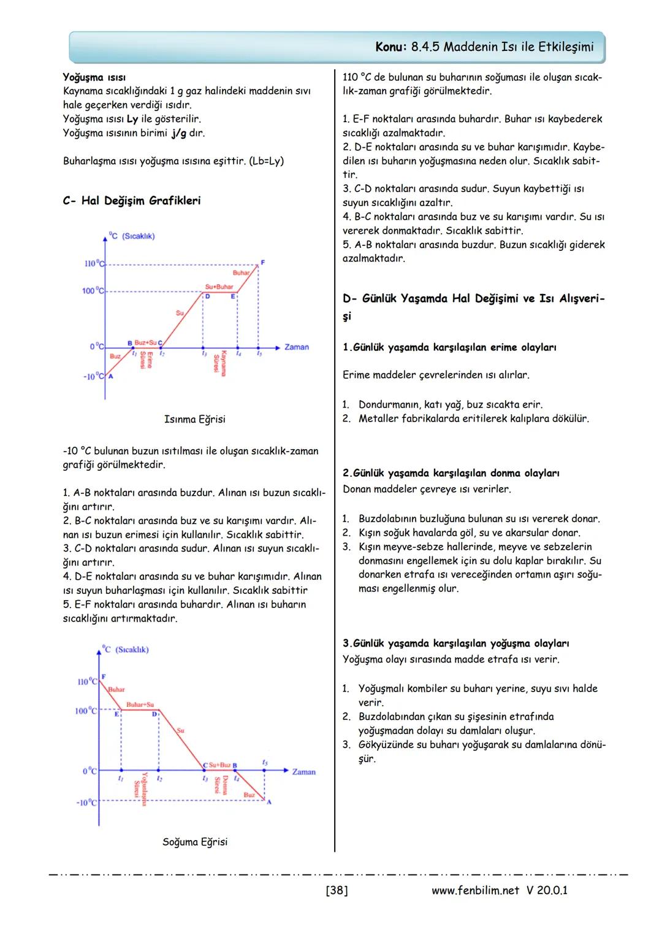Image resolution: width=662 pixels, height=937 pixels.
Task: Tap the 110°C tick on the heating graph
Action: pyautogui.click(x=94, y=264)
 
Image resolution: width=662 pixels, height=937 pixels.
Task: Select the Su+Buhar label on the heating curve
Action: pyautogui.click(x=219, y=287)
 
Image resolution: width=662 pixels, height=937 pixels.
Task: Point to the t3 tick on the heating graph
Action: pyautogui.click(x=204, y=353)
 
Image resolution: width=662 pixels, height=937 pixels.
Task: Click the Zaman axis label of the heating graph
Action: pyautogui.click(x=297, y=347)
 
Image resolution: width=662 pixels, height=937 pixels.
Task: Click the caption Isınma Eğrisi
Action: pyautogui.click(x=194, y=419)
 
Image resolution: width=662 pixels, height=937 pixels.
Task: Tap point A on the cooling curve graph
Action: pyautogui.click(x=268, y=801)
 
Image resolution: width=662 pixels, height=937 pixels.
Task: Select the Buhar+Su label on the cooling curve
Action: pyautogui.click(x=140, y=704)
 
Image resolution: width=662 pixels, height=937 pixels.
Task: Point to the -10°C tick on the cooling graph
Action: pyautogui.click(x=86, y=803)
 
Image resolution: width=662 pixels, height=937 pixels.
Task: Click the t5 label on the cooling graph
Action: pyautogui.click(x=264, y=762)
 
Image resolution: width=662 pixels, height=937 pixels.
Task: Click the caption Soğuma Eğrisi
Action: pyautogui.click(x=194, y=842)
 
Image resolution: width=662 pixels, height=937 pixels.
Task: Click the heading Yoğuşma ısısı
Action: pyautogui.click(x=94, y=77)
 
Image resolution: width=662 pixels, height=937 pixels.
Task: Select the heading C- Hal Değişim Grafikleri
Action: pyautogui.click(x=131, y=201)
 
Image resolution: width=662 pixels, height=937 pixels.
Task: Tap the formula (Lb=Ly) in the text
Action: pyautogui.click(x=267, y=161)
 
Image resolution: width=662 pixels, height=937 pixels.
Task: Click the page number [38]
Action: pyautogui.click(x=337, y=890)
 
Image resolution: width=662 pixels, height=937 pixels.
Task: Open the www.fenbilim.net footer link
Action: pyautogui.click(x=475, y=890)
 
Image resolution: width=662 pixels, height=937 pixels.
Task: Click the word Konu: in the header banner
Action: pyautogui.click(x=391, y=47)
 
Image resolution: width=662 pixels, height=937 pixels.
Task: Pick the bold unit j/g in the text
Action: pyautogui.click(x=179, y=133)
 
